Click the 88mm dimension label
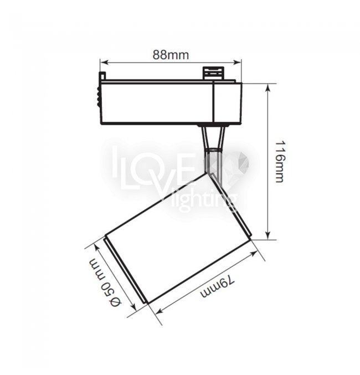click(x=171, y=55)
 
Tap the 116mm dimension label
click(x=279, y=162)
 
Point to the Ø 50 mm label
click(x=105, y=282)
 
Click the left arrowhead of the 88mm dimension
click(x=104, y=63)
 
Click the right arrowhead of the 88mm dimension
click(x=237, y=63)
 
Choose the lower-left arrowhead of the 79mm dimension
click(x=160, y=310)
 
